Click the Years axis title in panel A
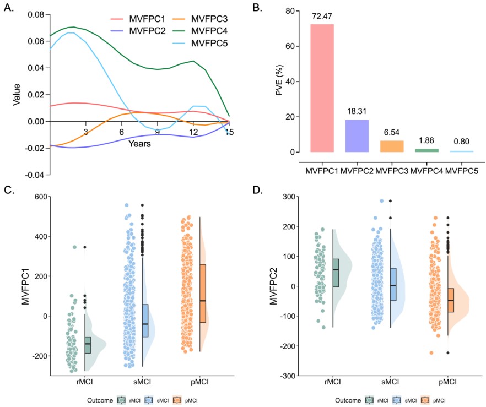pos(139,144)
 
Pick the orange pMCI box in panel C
pos(203,294)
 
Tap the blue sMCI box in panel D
pos(393,284)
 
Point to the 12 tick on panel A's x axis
pos(193,132)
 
